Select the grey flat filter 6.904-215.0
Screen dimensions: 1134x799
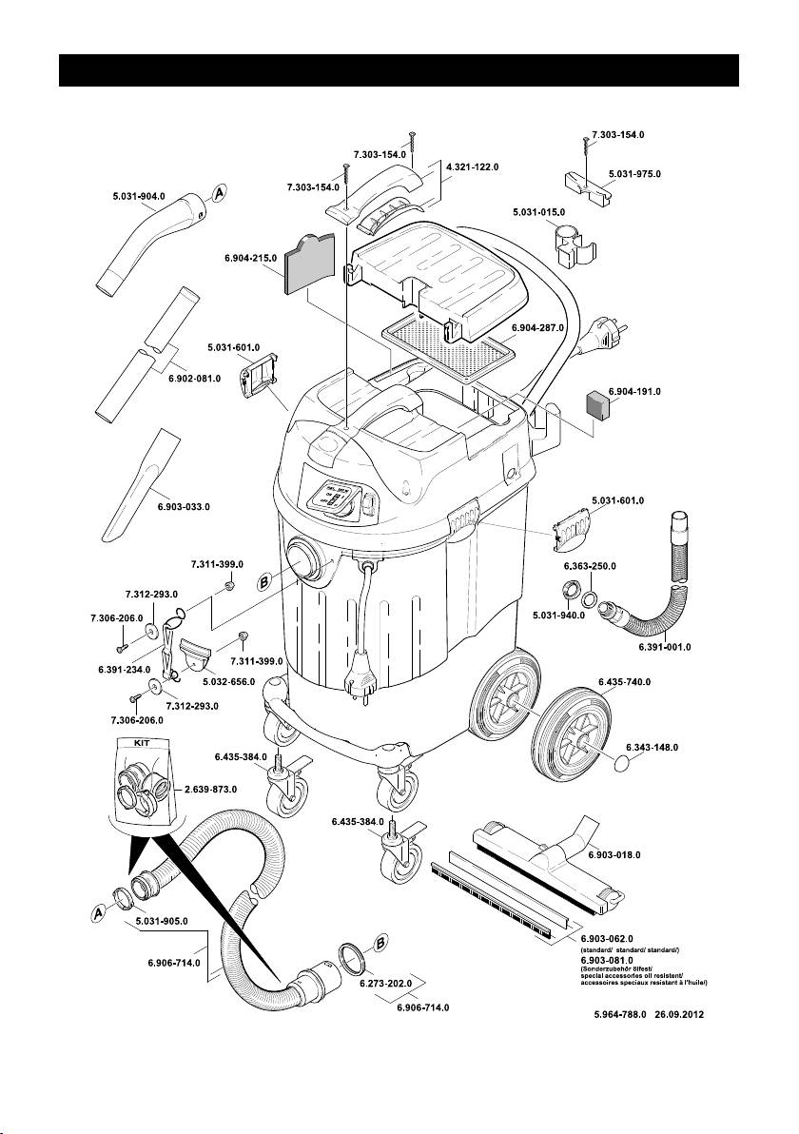pyautogui.click(x=310, y=264)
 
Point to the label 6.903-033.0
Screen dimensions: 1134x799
pyautogui.click(x=184, y=507)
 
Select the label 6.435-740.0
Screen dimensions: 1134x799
pyautogui.click(x=624, y=682)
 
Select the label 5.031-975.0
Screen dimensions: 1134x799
pyautogui.click(x=634, y=174)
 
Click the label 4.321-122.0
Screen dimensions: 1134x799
pyautogui.click(x=473, y=166)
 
